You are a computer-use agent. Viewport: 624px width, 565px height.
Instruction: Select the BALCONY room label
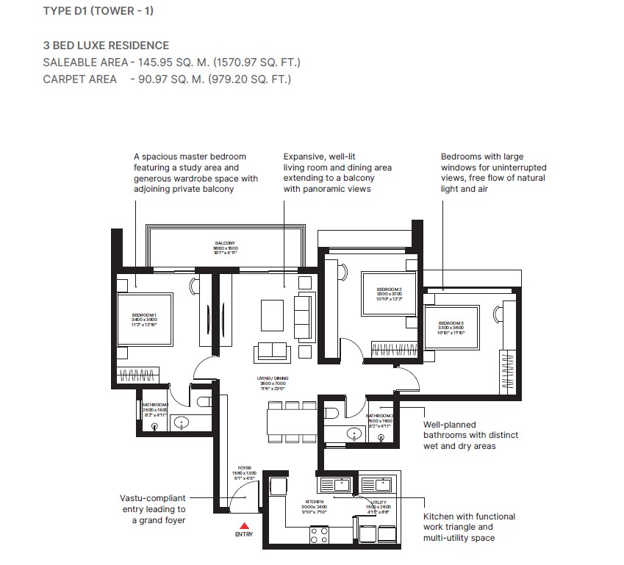click(x=225, y=243)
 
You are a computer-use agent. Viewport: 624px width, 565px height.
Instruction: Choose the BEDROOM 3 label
click(x=451, y=323)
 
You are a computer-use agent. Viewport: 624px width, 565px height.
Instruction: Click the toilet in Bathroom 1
click(x=205, y=401)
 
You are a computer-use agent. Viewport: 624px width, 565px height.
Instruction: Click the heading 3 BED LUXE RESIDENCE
click(x=106, y=46)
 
